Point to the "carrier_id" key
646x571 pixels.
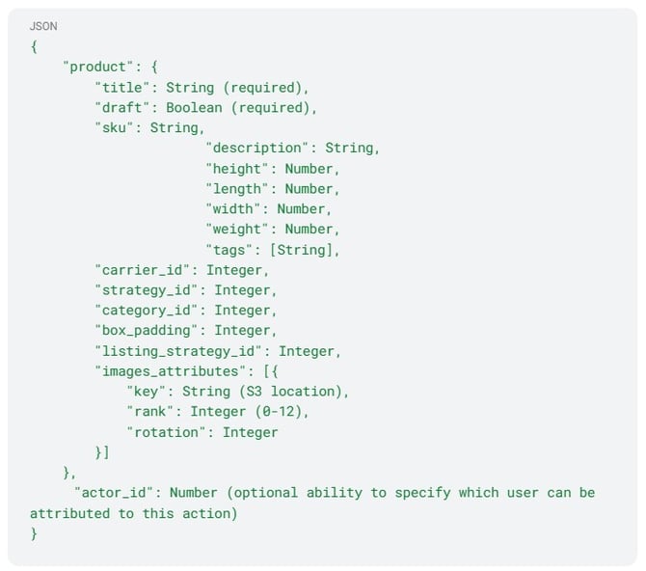click(x=146, y=270)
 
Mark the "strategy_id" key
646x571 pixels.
click(x=149, y=290)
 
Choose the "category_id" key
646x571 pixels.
click(x=149, y=311)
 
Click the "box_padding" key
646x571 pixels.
click(x=149, y=331)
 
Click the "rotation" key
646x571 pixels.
click(x=169, y=432)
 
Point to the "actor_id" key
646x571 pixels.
click(x=114, y=493)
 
